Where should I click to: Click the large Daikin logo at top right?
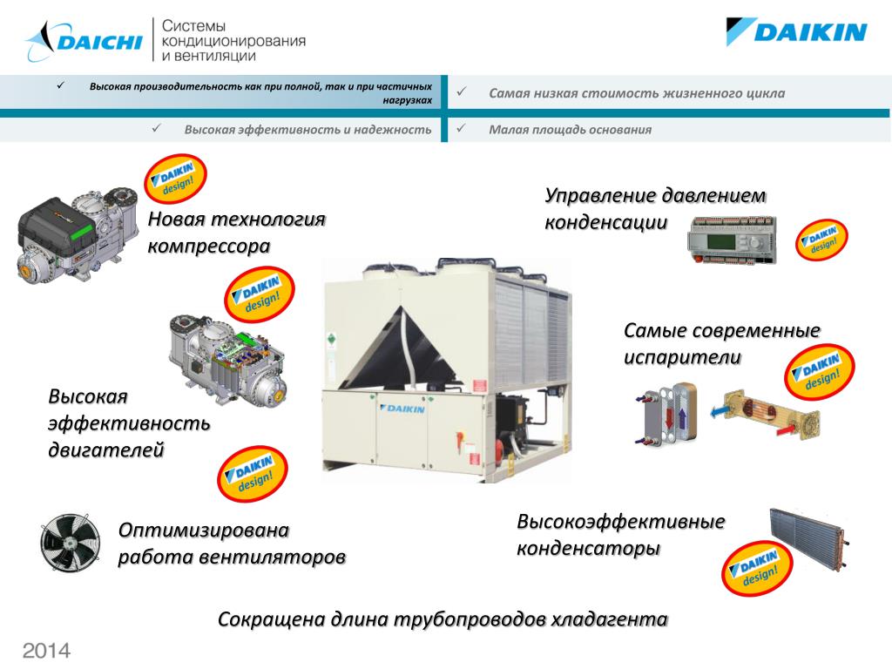(x=796, y=33)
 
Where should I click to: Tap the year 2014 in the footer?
(x=46, y=651)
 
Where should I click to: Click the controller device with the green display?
(x=730, y=237)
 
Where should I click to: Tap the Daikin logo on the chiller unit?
(x=402, y=409)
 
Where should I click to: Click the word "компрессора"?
(x=209, y=247)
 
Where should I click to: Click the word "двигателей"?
(x=105, y=450)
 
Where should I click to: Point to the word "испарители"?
(x=682, y=357)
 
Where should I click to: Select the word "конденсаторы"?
(x=588, y=550)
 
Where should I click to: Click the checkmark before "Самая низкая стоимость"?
(x=463, y=91)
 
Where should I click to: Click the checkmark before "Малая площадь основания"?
(x=463, y=129)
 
